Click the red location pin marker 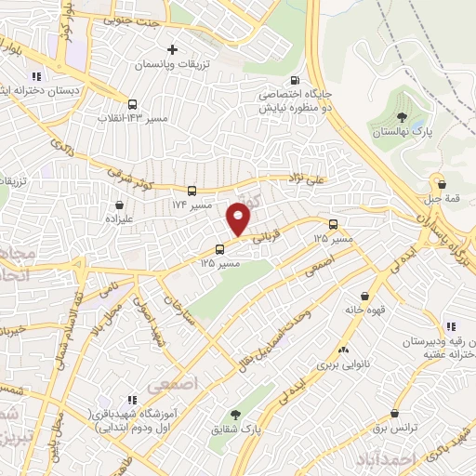(x=239, y=218)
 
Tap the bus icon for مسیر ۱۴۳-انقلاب (x=133, y=104)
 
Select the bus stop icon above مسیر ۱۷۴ (x=192, y=189)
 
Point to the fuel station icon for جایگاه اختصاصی (x=296, y=80)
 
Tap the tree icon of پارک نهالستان (x=402, y=116)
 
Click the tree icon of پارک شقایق (x=234, y=415)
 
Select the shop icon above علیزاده (x=119, y=205)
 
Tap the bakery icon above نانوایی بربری (x=345, y=350)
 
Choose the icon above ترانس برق (x=397, y=413)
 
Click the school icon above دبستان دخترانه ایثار (x=37, y=77)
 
